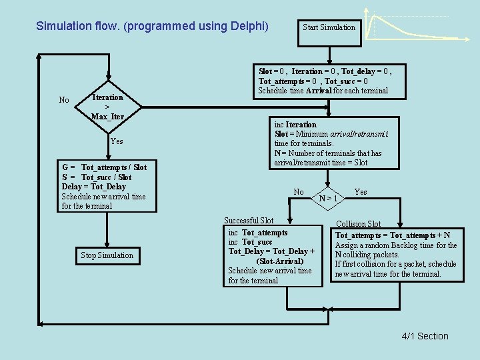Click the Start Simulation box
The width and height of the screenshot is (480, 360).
329,27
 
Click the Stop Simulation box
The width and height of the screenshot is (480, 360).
107,255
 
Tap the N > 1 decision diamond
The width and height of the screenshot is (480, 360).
327,197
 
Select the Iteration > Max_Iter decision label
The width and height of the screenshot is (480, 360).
107,107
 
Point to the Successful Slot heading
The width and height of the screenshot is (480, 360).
249,221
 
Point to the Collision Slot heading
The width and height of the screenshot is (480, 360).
358,224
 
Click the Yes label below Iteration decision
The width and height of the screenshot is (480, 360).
117,141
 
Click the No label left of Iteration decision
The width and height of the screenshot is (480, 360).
64,101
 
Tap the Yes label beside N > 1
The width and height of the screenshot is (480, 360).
361,192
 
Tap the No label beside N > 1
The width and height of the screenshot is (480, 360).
299,192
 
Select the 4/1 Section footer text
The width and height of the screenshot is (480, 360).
425,336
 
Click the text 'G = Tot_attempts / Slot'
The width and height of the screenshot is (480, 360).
104,167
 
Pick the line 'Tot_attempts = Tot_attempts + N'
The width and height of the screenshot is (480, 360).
392,235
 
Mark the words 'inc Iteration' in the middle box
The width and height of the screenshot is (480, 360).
295,125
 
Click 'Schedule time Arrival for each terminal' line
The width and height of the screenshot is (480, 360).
323,91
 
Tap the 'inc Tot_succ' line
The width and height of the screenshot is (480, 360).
250,242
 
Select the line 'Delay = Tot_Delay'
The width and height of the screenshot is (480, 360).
93,187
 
